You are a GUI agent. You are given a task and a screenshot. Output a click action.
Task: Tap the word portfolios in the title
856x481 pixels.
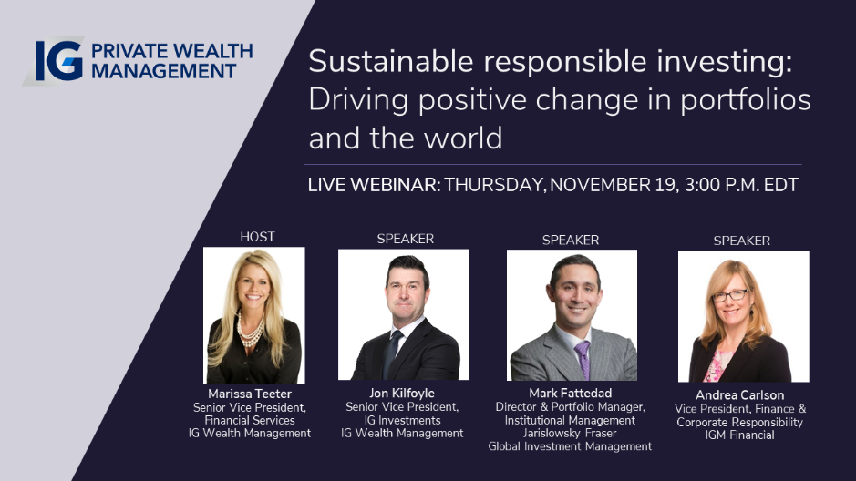coord(745,101)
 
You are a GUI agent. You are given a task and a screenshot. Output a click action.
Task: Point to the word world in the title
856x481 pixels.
coord(463,138)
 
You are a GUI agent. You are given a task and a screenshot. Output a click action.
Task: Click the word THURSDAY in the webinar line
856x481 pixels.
coord(495,186)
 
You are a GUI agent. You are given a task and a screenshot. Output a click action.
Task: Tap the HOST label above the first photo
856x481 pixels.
coord(257,237)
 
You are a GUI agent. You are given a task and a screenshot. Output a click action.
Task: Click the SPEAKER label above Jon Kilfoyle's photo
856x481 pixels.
coord(405,239)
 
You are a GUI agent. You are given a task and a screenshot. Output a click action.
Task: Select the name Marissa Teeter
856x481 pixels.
coord(250,394)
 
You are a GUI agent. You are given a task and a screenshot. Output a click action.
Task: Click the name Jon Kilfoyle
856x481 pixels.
coord(402,394)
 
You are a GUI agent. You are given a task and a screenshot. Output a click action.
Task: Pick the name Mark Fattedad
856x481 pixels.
coord(570,394)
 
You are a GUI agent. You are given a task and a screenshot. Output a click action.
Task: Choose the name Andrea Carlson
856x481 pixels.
coord(739,395)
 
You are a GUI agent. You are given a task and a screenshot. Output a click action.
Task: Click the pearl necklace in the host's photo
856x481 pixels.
coord(250,331)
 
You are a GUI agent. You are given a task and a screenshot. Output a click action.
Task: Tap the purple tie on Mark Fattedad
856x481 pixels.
coord(583,358)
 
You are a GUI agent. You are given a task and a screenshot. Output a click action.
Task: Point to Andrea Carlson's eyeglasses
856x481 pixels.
coord(730,295)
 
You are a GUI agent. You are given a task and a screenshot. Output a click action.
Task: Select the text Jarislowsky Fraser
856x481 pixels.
coord(570,434)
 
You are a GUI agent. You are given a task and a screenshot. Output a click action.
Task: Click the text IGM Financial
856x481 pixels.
coord(739,435)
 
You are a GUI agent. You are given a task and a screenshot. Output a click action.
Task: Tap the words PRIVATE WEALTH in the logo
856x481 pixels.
coord(172,51)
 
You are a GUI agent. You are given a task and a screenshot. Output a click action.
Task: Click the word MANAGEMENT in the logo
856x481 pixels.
coord(163,71)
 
